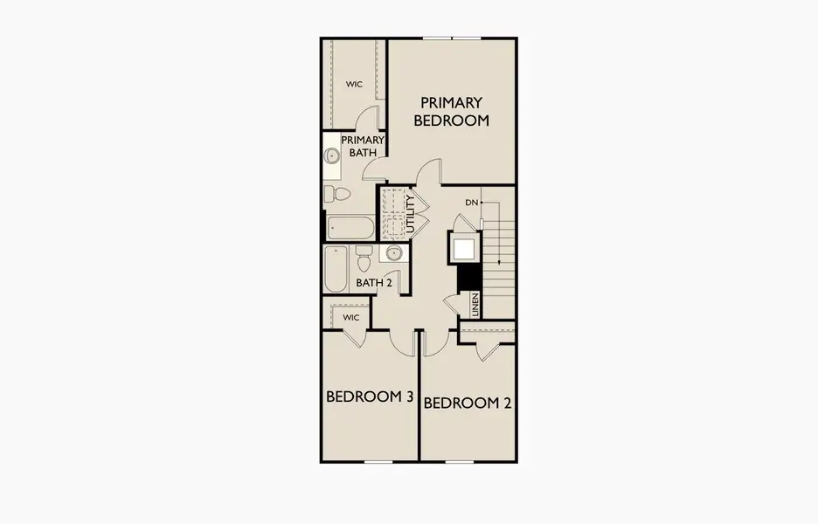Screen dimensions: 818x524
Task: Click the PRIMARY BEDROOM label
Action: tap(451, 111)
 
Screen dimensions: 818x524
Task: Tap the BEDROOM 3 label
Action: tap(370, 396)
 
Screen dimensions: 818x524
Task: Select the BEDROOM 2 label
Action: tap(468, 403)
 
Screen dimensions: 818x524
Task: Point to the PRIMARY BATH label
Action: tap(363, 146)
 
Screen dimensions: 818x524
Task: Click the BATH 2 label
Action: tap(373, 283)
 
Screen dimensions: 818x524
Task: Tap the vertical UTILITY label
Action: tap(411, 214)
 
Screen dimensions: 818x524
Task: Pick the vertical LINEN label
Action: tap(475, 305)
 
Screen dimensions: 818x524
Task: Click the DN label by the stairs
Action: tap(471, 203)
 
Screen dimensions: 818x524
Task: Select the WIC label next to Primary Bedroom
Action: tap(354, 84)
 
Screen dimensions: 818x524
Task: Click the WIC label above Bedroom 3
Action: tap(351, 318)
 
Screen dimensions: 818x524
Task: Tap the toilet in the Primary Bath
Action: tap(336, 194)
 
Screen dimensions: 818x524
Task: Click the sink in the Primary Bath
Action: tap(330, 155)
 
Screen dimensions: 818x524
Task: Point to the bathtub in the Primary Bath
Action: tap(350, 228)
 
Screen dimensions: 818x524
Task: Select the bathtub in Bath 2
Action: tap(336, 270)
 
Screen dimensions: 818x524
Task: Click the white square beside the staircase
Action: tap(464, 250)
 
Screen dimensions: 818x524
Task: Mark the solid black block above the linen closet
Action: tap(468, 277)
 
